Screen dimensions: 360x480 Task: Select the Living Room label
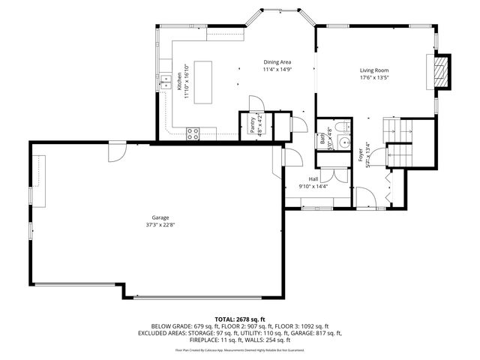pos(373,70)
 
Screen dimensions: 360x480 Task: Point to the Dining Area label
pos(277,62)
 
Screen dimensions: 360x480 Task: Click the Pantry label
pos(252,124)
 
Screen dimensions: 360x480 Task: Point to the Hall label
pos(313,179)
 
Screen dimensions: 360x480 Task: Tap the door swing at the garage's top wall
pos(117,152)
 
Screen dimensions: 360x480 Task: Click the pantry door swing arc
pos(256,104)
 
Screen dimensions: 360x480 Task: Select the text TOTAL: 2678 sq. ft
pos(239,318)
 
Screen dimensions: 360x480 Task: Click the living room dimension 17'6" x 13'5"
pos(373,78)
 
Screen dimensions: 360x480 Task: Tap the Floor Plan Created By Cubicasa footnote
pos(239,349)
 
